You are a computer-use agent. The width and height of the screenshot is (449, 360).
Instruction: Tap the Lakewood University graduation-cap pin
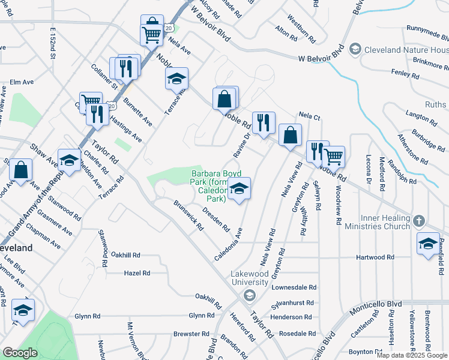point(249,295)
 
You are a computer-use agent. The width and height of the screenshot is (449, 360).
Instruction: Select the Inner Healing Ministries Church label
point(377,221)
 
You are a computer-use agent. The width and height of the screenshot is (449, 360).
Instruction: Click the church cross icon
point(419,221)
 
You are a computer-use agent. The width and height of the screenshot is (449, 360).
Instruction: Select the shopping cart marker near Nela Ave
point(152,34)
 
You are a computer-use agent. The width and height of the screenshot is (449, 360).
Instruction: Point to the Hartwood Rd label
point(374,257)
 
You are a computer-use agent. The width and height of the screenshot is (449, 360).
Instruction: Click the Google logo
point(20,353)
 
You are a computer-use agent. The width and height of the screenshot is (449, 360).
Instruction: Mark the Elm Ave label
point(21,82)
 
